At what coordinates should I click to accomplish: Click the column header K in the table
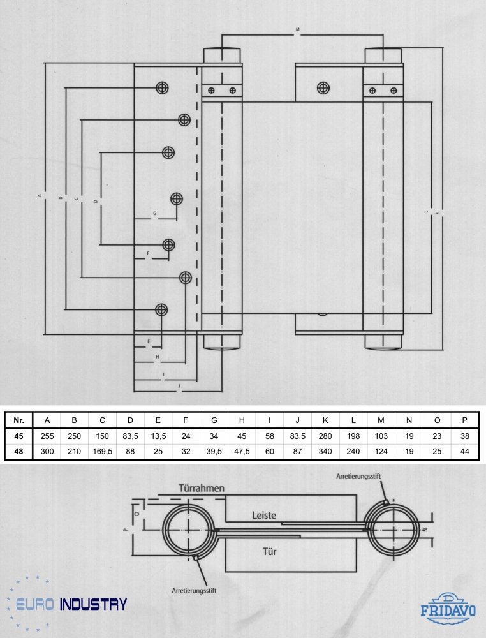[x=325, y=420]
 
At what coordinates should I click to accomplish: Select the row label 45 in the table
[x=19, y=436]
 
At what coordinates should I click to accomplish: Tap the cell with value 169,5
[x=102, y=452]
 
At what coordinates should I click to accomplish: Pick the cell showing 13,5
[x=158, y=436]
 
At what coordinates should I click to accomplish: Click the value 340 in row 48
[x=325, y=452]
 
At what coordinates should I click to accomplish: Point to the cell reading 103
[x=381, y=436]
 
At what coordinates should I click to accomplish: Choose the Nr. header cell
[x=19, y=420]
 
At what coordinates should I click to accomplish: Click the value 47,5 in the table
[x=242, y=452]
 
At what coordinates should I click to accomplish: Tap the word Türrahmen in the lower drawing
[x=202, y=489]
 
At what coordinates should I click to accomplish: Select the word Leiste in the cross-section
[x=263, y=514]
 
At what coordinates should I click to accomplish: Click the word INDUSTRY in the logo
[x=93, y=604]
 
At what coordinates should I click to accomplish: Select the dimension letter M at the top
[x=297, y=30]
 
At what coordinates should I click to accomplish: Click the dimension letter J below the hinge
[x=179, y=386]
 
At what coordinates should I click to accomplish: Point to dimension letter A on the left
[x=40, y=196]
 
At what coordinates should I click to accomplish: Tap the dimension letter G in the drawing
[x=154, y=213]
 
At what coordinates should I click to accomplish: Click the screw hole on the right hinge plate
[x=323, y=87]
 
